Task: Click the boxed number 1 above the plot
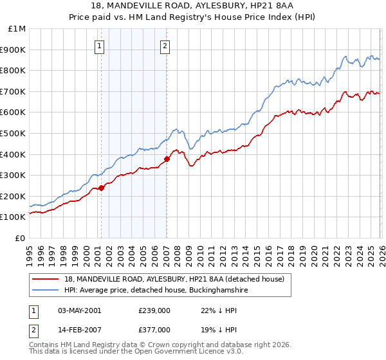click(x=100, y=45)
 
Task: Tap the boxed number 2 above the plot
click(x=165, y=45)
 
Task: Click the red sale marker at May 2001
click(x=101, y=188)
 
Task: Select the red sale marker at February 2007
click(x=167, y=159)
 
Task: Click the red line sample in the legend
click(x=46, y=279)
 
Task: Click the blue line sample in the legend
click(x=46, y=290)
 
